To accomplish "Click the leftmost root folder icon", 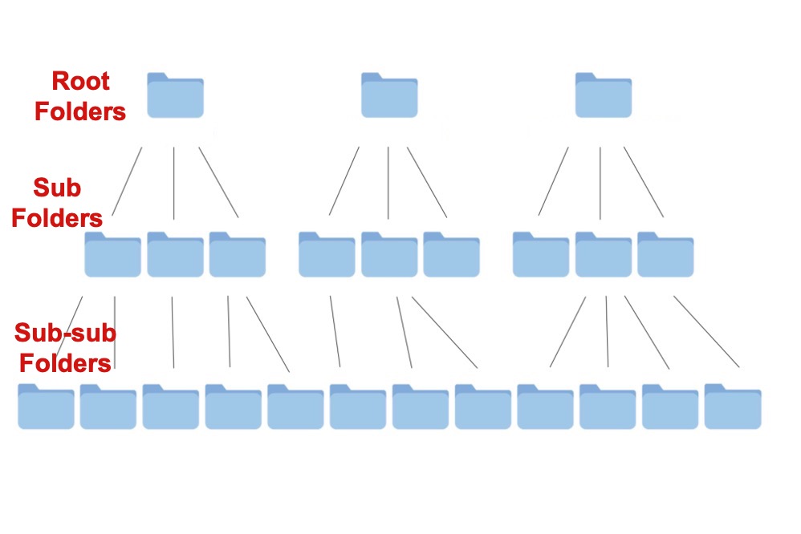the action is coord(175,96).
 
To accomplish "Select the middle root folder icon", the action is coord(389,96).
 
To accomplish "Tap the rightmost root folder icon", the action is coord(604,96).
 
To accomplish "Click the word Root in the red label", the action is coord(80,82).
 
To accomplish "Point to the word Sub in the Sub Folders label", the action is coord(57,189).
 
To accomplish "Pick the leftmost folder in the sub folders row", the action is coord(112,255).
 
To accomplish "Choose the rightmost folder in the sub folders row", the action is coord(665,255).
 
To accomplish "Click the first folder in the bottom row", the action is coord(46,407).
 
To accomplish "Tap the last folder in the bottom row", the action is coord(733,407).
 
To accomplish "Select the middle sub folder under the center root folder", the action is coord(389,255).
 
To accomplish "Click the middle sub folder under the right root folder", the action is coord(603,255).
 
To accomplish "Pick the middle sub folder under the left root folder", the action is coord(175,255).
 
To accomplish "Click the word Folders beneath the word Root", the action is coord(80,111).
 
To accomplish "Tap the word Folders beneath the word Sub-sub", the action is coord(65,362).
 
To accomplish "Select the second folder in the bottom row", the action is coord(108,407).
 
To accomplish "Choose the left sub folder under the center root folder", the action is coord(327,255).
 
